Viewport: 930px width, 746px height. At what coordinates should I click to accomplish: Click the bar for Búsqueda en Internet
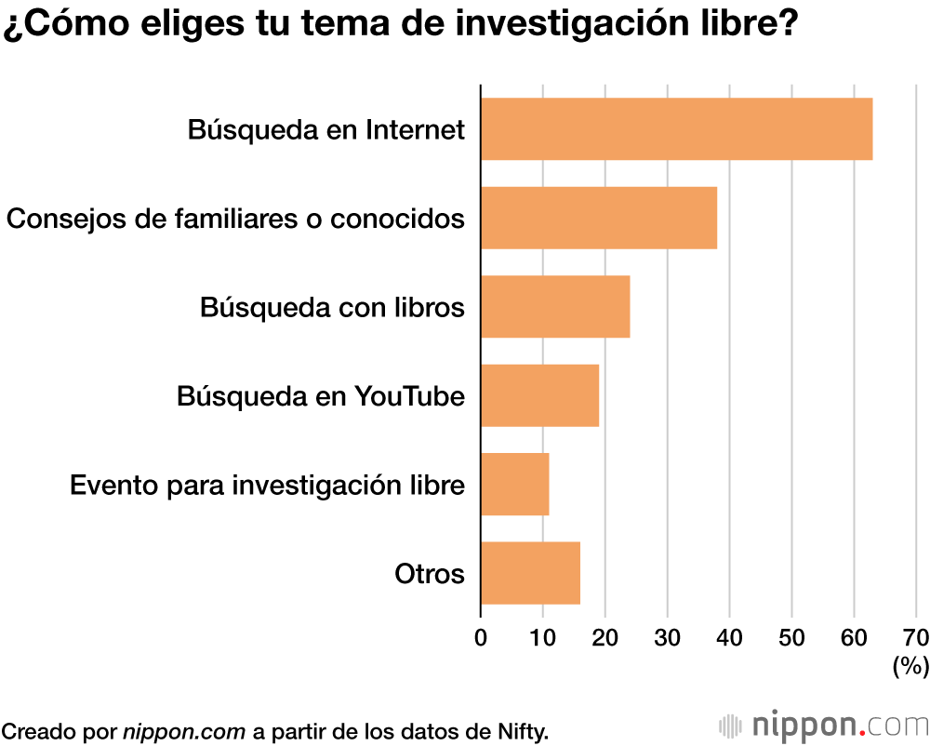(x=676, y=128)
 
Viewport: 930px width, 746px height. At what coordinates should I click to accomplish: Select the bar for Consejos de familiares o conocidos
(x=599, y=218)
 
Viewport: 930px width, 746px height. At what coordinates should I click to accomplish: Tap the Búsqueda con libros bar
(x=555, y=306)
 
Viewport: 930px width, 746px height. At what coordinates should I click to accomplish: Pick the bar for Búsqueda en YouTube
(x=539, y=395)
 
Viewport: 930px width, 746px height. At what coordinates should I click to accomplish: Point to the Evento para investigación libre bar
(x=515, y=484)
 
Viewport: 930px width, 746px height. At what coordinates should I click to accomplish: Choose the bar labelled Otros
(x=530, y=573)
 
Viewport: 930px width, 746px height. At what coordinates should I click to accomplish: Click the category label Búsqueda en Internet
(x=325, y=129)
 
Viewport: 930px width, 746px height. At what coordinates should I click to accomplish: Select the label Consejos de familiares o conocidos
(x=235, y=219)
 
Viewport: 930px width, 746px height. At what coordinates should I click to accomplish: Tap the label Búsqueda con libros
(x=332, y=307)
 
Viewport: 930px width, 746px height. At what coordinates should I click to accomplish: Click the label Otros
(x=429, y=574)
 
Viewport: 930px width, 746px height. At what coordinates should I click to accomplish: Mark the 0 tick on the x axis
(x=481, y=637)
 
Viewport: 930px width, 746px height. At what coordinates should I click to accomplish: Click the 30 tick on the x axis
(x=668, y=637)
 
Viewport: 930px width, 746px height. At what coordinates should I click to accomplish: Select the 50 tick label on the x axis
(x=791, y=637)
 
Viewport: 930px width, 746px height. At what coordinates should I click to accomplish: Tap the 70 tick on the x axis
(x=916, y=637)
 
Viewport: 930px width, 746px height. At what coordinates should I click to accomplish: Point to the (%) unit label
(x=910, y=665)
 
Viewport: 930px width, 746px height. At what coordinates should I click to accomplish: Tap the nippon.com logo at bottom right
(x=823, y=725)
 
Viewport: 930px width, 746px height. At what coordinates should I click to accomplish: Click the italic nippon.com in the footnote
(x=184, y=730)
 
